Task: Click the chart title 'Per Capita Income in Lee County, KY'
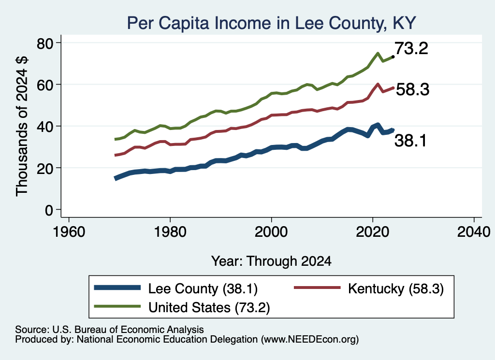[x=271, y=23]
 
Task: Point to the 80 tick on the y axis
[x=58, y=43]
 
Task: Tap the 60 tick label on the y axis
[x=44, y=85]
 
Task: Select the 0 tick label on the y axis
[x=49, y=210]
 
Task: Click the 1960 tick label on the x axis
[x=69, y=232]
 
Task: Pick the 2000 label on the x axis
[x=271, y=232]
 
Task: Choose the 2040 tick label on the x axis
[x=474, y=232]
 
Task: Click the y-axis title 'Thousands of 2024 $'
[x=22, y=126]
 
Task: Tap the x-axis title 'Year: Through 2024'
[x=271, y=261]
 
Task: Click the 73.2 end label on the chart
[x=411, y=48]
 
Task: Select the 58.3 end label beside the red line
[x=413, y=89]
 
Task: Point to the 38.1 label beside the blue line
[x=410, y=141]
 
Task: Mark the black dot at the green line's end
[x=393, y=57]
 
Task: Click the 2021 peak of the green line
[x=378, y=53]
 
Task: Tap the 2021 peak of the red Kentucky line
[x=378, y=84]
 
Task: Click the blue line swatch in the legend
[x=117, y=288]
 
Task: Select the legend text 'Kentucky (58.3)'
[x=396, y=288]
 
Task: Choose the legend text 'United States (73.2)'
[x=209, y=308]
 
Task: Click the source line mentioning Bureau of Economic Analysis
[x=109, y=330]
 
